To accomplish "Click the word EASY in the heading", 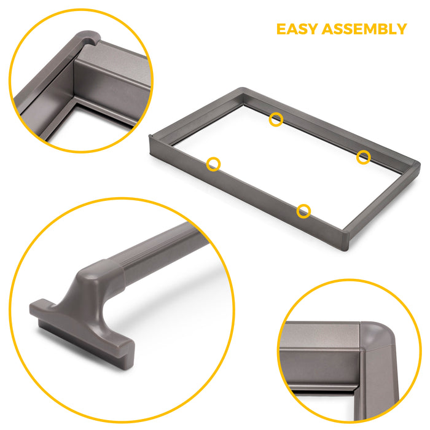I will [298, 29].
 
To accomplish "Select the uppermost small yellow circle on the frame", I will [276, 119].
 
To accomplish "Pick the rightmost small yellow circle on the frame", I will [364, 157].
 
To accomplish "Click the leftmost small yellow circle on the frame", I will [213, 164].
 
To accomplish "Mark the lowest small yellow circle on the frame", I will [303, 211].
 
